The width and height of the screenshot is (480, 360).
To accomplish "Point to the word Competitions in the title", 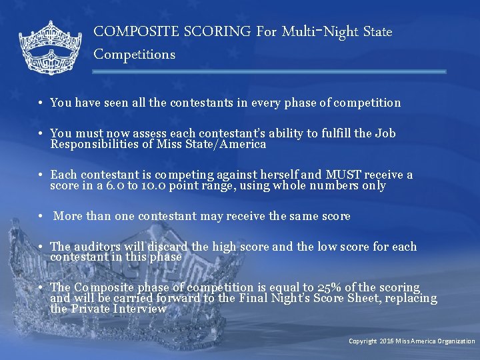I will point(135,54).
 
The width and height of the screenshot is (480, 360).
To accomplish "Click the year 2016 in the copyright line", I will point(387,341).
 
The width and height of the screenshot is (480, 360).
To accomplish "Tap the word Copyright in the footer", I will point(363,341).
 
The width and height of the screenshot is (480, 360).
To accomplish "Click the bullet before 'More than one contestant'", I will point(41,216).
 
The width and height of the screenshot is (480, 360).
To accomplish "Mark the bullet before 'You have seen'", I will point(41,103).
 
